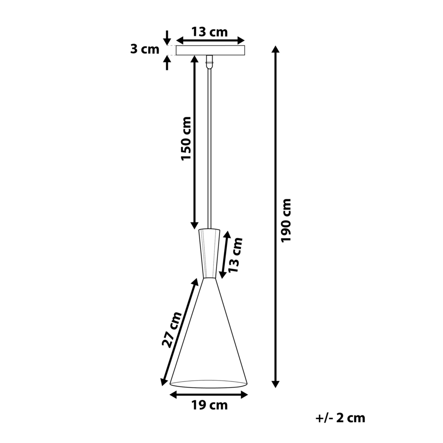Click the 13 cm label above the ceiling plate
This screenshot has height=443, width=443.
(x=210, y=32)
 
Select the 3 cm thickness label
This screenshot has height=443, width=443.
(x=144, y=49)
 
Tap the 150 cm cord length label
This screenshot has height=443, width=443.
(x=187, y=139)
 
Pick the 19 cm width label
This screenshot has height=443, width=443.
(x=210, y=405)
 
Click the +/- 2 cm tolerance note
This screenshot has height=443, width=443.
(x=341, y=418)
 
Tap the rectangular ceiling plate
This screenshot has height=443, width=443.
(x=210, y=51)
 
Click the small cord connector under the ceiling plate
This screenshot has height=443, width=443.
(x=210, y=62)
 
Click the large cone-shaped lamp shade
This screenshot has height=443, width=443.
(x=209, y=337)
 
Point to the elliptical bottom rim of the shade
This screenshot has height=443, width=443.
(x=209, y=383)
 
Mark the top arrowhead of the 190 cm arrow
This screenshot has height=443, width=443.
(x=276, y=50)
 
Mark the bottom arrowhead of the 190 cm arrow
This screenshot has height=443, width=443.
(x=276, y=383)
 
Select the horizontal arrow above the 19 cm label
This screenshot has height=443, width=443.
(x=209, y=393)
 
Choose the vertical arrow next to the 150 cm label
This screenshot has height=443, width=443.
(x=194, y=142)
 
